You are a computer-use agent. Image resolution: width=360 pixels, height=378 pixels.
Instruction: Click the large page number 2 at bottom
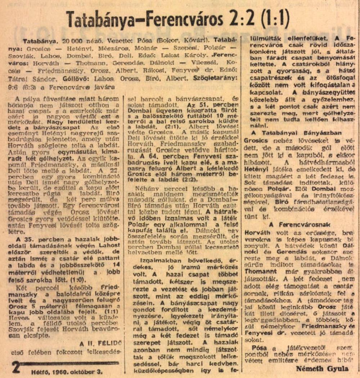coord(16,367)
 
